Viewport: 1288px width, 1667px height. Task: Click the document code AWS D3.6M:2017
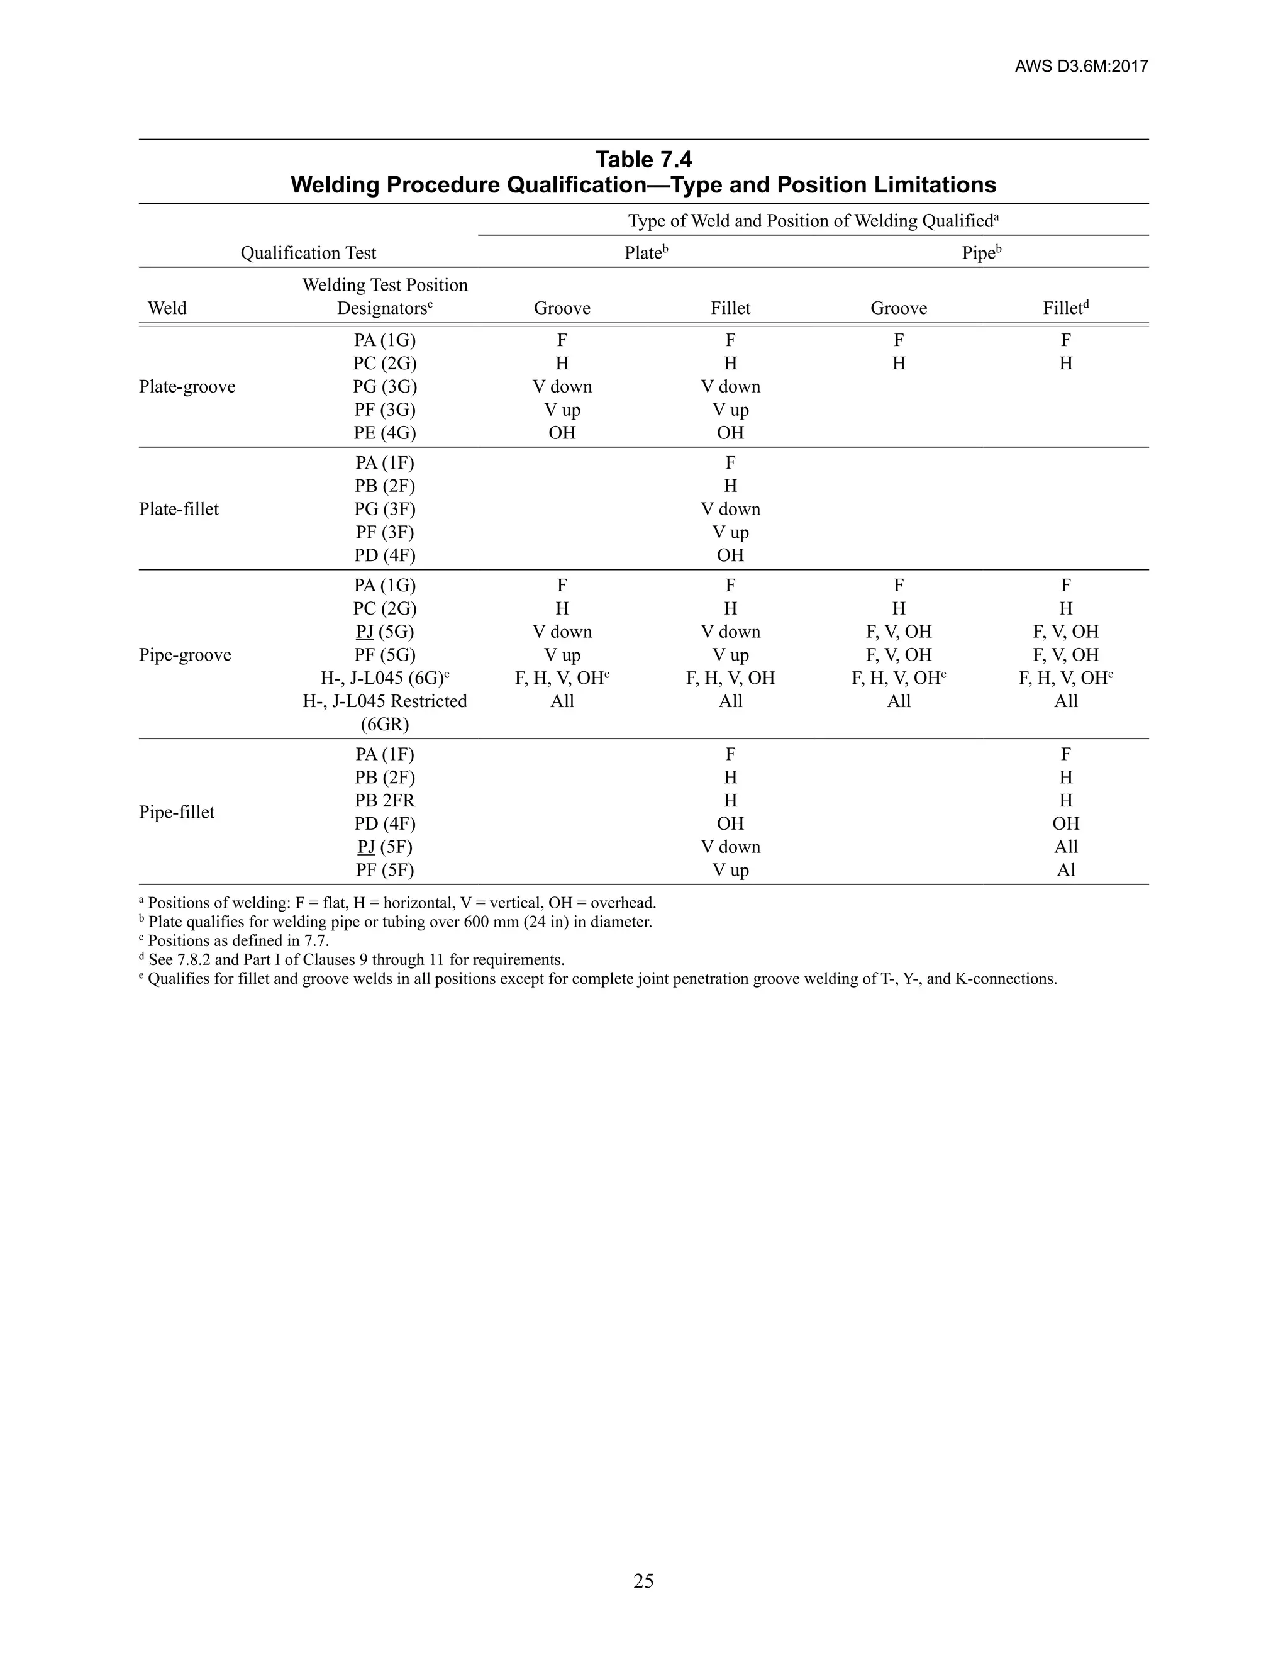click(1080, 67)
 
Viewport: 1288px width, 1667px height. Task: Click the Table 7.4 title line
click(643, 160)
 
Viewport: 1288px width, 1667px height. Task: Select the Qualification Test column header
click(308, 253)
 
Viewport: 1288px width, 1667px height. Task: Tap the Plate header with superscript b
click(645, 253)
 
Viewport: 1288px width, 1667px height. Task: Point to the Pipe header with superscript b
click(980, 253)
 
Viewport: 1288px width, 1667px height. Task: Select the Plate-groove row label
click(187, 386)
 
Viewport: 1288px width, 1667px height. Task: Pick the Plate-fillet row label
click(179, 509)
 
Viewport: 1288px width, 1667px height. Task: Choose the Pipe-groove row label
click(185, 655)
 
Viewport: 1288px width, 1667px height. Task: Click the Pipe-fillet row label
click(176, 812)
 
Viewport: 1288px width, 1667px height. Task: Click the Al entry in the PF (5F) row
click(1065, 870)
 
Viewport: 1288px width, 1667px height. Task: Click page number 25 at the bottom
click(643, 1581)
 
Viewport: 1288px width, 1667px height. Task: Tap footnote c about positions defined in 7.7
click(237, 941)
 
